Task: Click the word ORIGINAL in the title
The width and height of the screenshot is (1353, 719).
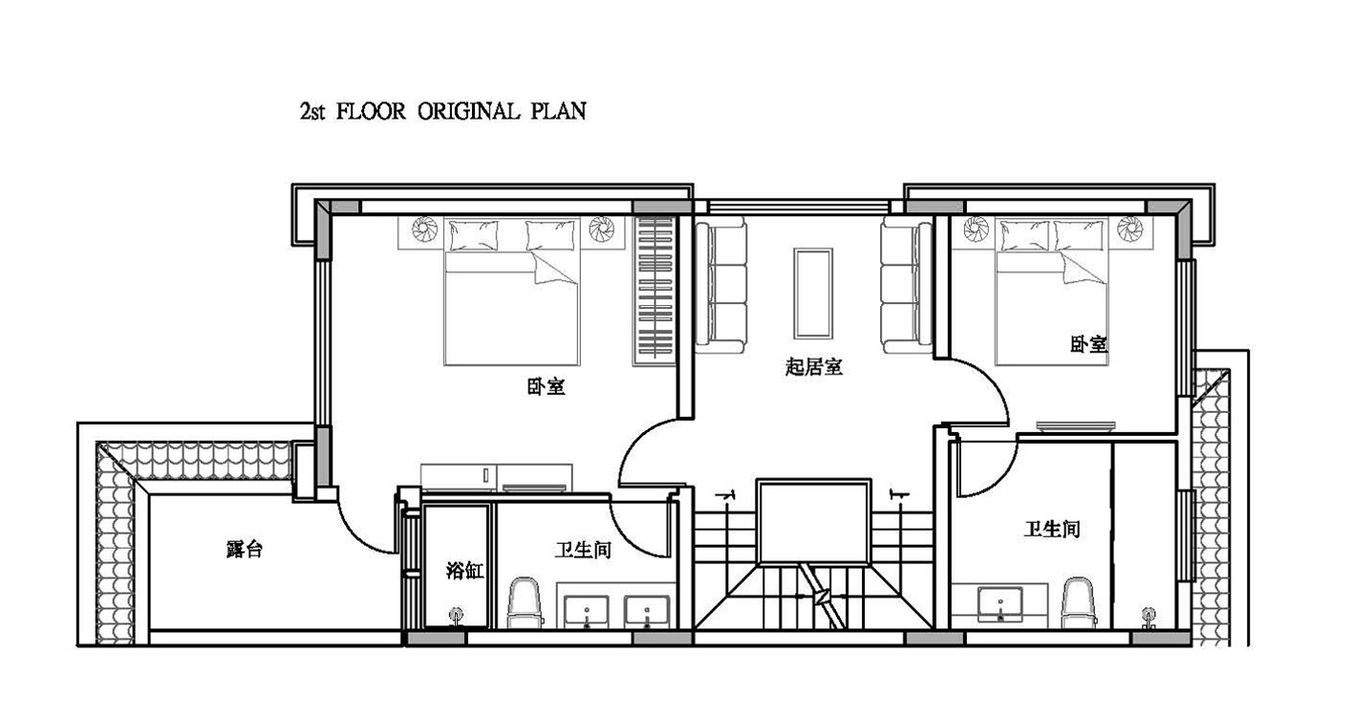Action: (468, 111)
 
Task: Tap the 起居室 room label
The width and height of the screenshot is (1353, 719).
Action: (813, 367)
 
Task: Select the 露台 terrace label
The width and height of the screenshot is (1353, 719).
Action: (245, 549)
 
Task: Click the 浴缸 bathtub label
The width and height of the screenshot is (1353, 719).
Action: (464, 570)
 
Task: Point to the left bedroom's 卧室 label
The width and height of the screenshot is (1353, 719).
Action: (546, 386)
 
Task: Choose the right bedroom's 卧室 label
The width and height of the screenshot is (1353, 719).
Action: (1089, 344)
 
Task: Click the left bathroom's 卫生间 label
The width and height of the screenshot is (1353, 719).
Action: (583, 550)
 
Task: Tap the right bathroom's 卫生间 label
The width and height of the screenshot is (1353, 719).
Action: (1052, 530)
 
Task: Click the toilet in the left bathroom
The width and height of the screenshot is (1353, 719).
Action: (523, 603)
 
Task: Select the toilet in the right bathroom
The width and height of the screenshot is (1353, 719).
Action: (1079, 603)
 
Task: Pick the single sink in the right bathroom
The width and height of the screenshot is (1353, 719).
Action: (999, 604)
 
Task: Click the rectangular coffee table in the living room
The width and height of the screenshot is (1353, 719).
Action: (813, 293)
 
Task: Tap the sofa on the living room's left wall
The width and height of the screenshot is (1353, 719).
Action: (720, 285)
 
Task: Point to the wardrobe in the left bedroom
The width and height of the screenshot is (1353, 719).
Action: (655, 291)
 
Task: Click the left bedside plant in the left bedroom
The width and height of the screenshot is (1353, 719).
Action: (424, 229)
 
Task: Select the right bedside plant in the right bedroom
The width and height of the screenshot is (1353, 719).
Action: (1129, 229)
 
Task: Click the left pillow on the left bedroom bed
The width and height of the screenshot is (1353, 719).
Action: (474, 235)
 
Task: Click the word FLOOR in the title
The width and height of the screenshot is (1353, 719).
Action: (371, 111)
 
